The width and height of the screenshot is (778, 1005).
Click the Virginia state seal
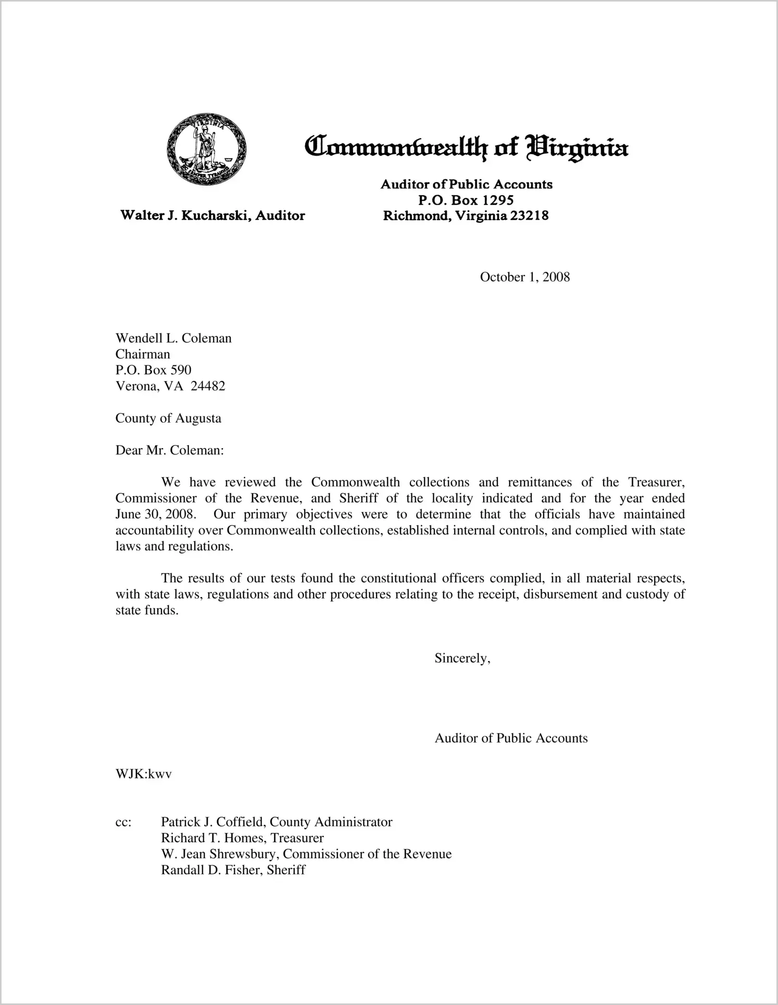(207, 149)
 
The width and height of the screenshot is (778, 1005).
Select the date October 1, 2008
(524, 277)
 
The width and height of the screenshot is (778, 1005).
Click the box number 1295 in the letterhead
(497, 200)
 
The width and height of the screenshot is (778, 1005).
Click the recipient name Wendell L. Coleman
(173, 338)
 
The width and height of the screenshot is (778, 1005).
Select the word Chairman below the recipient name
(143, 354)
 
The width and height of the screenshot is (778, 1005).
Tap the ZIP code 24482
(208, 386)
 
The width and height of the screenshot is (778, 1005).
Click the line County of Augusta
(168, 418)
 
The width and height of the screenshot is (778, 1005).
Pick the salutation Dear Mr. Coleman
(169, 451)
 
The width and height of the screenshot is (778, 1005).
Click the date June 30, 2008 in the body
(155, 515)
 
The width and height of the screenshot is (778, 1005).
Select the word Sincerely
(462, 658)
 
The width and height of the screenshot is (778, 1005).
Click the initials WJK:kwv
(143, 774)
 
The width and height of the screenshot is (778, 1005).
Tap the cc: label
(123, 822)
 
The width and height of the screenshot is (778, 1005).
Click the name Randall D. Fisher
(210, 870)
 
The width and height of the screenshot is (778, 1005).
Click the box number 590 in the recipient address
(181, 370)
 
